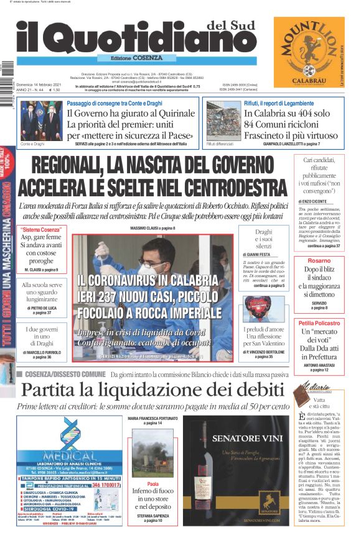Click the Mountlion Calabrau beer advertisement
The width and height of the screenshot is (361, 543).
309,53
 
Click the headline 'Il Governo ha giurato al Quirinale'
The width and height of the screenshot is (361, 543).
128,114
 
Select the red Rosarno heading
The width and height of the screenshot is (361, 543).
319,261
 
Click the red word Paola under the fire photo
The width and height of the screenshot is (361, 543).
153,483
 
